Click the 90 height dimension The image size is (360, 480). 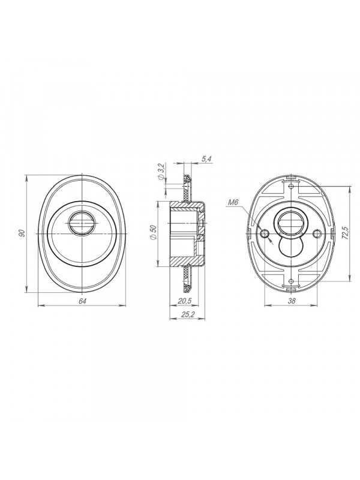[x=22, y=233]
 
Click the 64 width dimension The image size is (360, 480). [x=82, y=301]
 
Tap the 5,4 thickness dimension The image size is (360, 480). [x=207, y=159]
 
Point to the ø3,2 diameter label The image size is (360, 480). [x=162, y=173]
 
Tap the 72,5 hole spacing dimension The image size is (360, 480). [x=346, y=233]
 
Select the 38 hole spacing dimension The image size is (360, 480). [x=292, y=301]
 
